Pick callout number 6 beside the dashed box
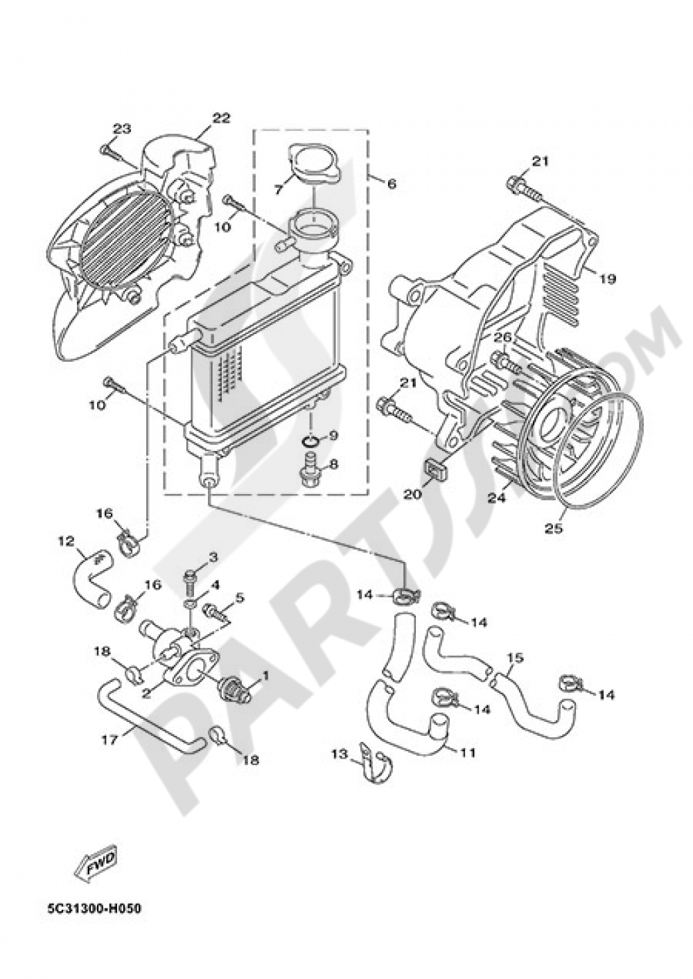pyautogui.click(x=392, y=184)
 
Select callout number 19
pyautogui.click(x=607, y=279)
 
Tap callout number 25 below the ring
pyautogui.click(x=553, y=529)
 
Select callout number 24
pyautogui.click(x=497, y=497)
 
